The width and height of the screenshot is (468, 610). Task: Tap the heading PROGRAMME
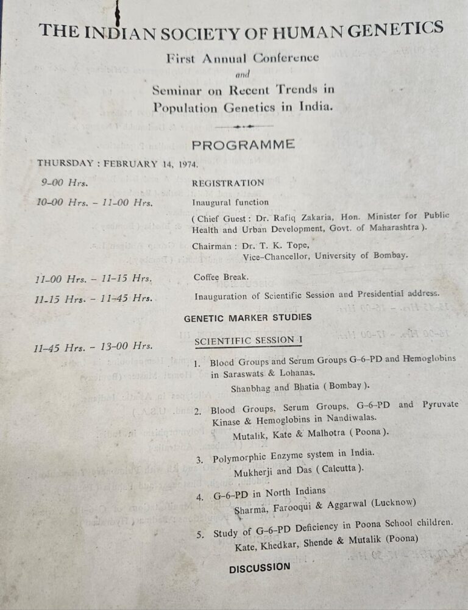243,145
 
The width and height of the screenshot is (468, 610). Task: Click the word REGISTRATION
228,183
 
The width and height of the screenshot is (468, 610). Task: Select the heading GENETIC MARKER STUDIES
247,317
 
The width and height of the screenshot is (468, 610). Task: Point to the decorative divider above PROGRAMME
244,126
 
